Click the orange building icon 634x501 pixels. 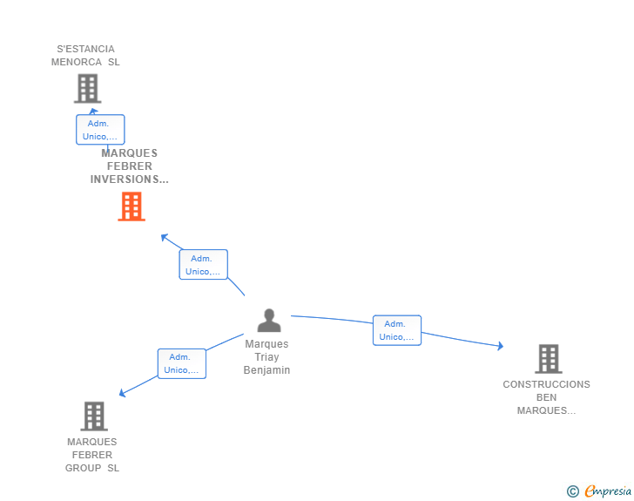click(132, 206)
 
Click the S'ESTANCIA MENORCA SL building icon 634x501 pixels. click(87, 88)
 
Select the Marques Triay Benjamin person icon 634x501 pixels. click(269, 321)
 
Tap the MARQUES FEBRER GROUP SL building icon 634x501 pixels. click(94, 416)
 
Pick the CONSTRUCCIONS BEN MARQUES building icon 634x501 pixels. click(548, 358)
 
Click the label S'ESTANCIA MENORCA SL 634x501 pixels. click(85, 56)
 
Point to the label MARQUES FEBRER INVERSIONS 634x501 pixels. click(130, 166)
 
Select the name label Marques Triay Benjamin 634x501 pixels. click(266, 357)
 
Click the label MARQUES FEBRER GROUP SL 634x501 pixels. click(92, 455)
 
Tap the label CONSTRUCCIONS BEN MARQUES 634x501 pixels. click(546, 397)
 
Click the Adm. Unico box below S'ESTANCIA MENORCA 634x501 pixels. click(100, 130)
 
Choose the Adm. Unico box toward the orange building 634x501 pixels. click(203, 265)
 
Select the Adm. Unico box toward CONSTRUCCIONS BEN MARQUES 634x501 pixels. click(396, 330)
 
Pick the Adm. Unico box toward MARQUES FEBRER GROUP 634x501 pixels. click(181, 363)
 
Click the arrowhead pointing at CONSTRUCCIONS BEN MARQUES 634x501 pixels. click(500, 346)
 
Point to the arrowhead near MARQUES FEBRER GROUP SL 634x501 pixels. click(123, 393)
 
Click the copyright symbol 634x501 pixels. click(572, 491)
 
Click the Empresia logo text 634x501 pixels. click(607, 491)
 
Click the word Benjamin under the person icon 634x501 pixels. click(266, 370)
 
